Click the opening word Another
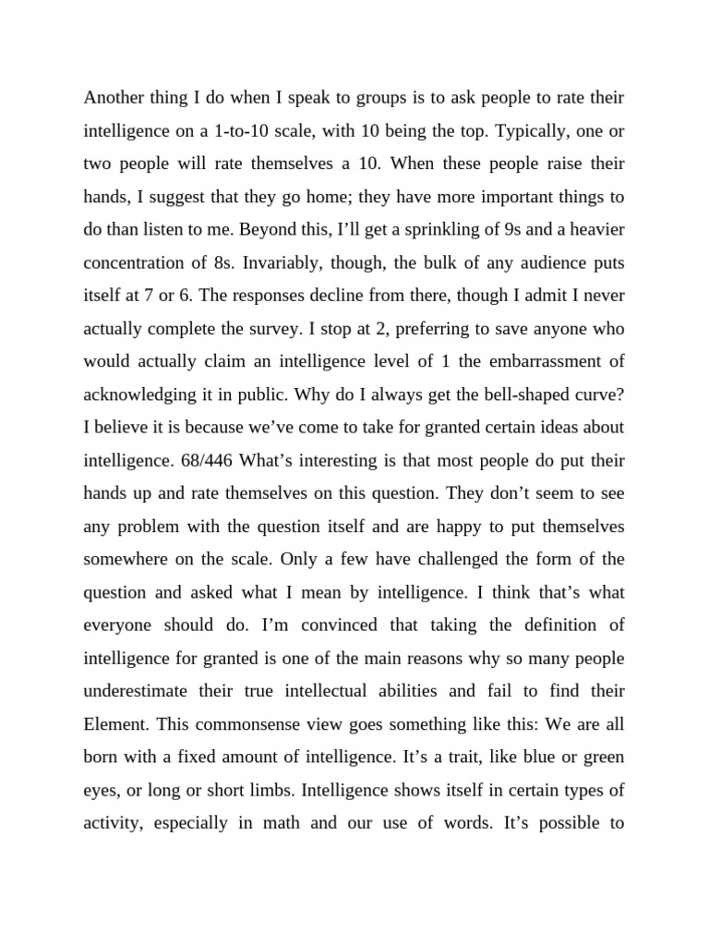(114, 97)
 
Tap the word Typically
(530, 131)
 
